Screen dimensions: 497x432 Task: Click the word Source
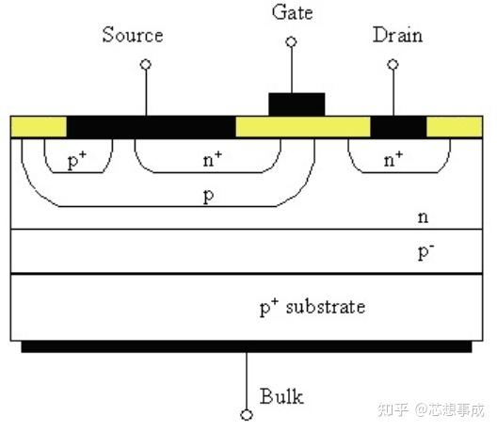pos(133,35)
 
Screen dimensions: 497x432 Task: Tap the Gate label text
pos(292,12)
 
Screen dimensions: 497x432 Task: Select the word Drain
pos(397,35)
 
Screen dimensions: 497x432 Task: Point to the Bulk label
pos(281,396)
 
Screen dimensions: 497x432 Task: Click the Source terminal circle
pos(146,65)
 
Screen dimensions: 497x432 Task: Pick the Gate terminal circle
pos(291,41)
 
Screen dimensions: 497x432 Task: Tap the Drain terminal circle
pos(393,65)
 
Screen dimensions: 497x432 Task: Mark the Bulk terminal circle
pos(247,415)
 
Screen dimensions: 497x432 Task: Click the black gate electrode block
pos(297,104)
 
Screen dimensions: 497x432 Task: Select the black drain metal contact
pos(398,127)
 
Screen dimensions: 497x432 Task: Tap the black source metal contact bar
pos(152,127)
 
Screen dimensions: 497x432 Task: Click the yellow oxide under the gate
pos(303,127)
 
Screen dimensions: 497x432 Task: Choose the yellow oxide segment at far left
pos(39,127)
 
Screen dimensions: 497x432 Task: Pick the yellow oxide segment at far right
pos(455,127)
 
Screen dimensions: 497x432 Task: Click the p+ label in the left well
pos(77,160)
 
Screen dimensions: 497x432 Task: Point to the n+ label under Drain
pos(393,159)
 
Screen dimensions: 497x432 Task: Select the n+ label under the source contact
pos(213,159)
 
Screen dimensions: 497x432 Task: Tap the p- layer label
pos(426,252)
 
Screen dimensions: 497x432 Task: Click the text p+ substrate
pos(313,307)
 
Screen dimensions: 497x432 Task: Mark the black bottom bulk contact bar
pos(247,346)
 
